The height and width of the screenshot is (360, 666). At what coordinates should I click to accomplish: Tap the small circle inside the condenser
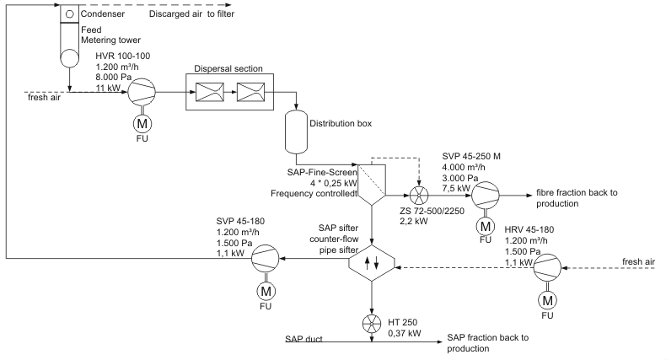coord(70,14)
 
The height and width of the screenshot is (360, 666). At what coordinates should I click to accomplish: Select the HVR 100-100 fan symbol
coord(141,93)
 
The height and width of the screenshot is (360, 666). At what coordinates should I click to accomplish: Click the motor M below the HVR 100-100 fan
coord(141,124)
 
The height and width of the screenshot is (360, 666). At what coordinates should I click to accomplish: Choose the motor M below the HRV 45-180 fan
coord(550,299)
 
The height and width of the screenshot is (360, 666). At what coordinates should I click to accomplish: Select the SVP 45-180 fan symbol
coord(267,259)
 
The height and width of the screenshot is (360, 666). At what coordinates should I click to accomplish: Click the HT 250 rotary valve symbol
coord(371,322)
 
